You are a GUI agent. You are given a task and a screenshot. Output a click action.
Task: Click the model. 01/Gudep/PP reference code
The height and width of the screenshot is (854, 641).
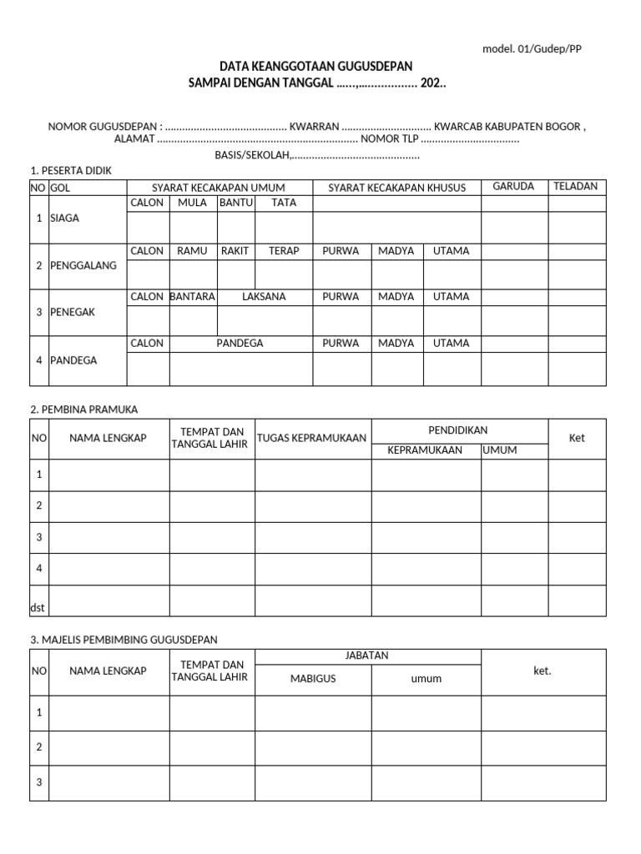[532, 48]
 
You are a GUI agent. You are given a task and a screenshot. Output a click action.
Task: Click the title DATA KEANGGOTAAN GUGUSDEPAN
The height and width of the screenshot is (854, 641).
[315, 66]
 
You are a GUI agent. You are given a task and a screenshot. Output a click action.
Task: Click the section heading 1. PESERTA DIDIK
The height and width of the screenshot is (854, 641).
[71, 171]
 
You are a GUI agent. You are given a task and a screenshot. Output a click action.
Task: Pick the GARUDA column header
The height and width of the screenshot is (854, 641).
[513, 187]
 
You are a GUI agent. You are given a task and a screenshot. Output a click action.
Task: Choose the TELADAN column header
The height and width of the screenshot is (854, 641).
[576, 187]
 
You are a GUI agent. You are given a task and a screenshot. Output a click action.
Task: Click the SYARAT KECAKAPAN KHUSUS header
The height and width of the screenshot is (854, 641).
[397, 188]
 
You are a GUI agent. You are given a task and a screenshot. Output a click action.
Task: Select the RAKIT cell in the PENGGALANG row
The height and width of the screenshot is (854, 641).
[235, 251]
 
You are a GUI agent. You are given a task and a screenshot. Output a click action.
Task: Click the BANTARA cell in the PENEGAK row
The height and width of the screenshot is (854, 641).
[193, 297]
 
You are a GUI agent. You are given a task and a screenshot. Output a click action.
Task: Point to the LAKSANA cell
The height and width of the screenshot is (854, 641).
[264, 297]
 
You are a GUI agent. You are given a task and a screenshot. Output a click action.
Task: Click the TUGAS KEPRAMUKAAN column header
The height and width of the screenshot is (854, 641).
[312, 439]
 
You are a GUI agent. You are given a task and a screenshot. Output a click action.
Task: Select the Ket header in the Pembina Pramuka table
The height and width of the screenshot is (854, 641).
[577, 439]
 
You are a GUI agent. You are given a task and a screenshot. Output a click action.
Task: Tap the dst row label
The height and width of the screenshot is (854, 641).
[38, 608]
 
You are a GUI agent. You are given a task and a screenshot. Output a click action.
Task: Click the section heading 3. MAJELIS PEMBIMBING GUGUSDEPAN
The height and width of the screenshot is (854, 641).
[124, 640]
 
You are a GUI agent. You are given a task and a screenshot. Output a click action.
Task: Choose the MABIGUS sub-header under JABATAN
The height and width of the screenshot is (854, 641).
[313, 679]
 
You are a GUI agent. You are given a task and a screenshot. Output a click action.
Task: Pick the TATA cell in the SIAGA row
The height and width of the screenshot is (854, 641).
[284, 203]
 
